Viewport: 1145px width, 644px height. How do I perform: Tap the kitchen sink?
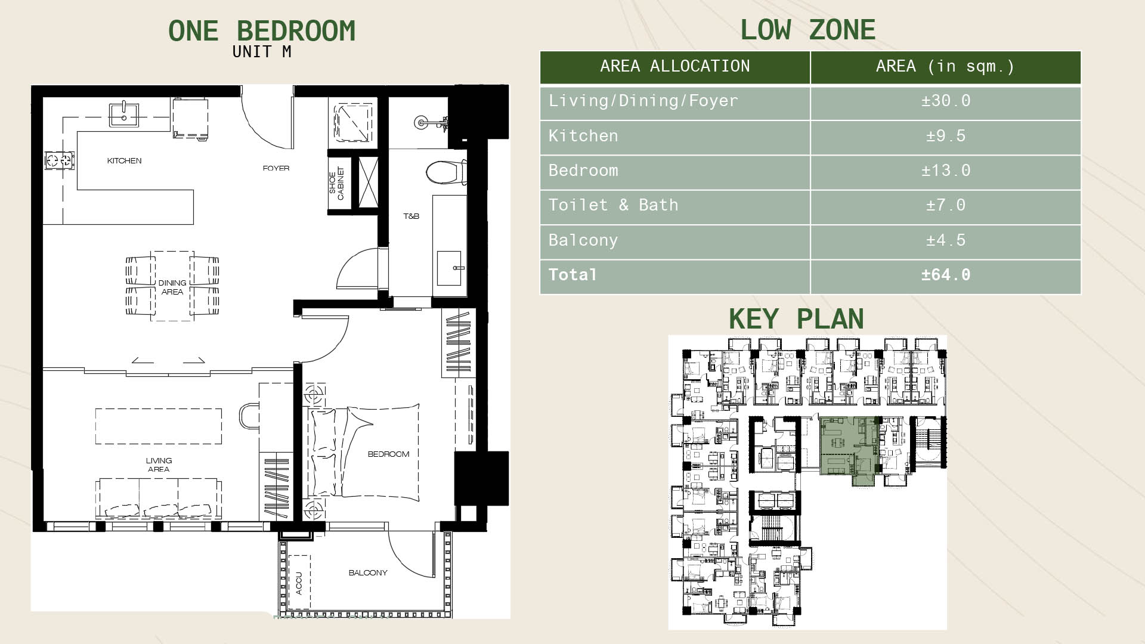point(124,114)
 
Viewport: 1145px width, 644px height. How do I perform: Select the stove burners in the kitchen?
point(60,160)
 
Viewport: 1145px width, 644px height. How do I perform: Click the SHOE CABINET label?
point(336,183)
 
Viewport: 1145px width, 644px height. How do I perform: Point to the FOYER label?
point(276,168)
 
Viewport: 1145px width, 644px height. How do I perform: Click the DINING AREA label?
point(172,287)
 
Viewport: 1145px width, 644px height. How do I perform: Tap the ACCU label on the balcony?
point(299,583)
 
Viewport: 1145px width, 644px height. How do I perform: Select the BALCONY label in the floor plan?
point(368,573)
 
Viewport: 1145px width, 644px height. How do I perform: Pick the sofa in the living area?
point(159,499)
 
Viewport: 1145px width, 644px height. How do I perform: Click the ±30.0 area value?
point(946,101)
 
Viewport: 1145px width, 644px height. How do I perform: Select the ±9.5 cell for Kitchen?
point(946,136)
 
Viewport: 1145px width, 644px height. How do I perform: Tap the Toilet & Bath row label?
point(614,205)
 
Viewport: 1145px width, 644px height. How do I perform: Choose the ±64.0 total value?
point(946,275)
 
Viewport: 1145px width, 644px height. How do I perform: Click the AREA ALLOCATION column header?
point(675,66)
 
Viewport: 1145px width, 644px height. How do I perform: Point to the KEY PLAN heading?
point(796,319)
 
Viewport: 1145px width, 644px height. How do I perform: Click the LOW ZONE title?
point(808,30)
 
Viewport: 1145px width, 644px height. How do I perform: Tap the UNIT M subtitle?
point(262,52)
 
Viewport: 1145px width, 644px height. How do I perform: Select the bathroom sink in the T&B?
point(450,268)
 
